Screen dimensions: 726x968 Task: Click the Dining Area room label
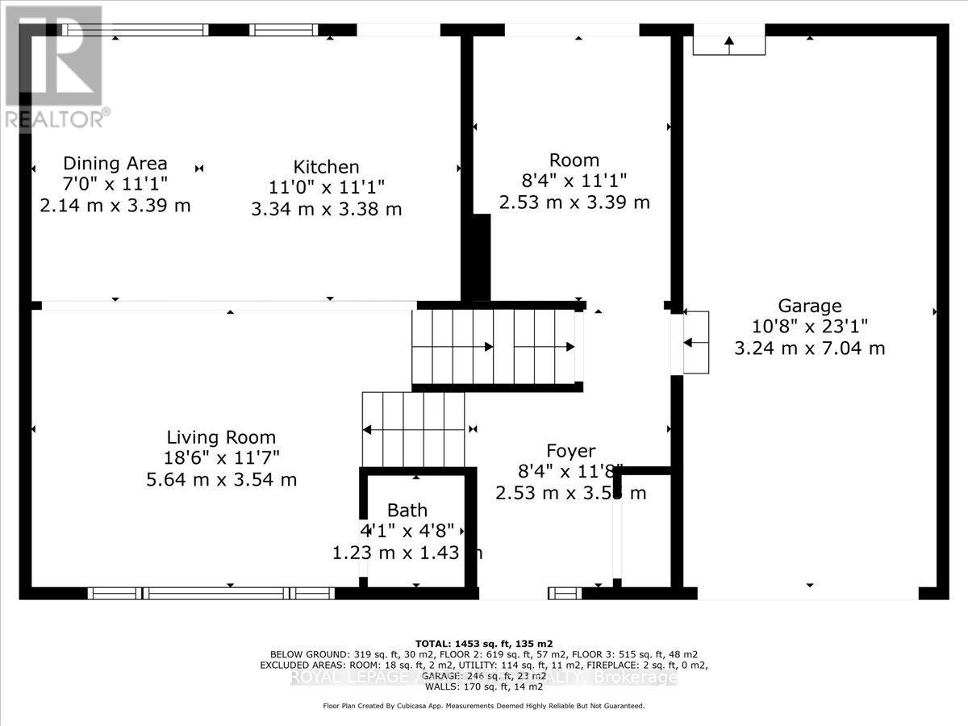[x=115, y=164]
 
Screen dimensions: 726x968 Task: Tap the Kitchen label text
[x=326, y=167]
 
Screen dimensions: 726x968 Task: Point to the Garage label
[x=809, y=306]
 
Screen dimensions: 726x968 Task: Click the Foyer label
[x=570, y=451]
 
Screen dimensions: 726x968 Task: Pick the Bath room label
[x=407, y=510]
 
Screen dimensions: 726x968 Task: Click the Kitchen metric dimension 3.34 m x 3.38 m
[x=326, y=209]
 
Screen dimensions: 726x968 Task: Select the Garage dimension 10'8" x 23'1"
[x=809, y=327]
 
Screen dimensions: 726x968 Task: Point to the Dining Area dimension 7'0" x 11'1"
[x=115, y=185]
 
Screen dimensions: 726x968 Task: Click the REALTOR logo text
[x=55, y=119]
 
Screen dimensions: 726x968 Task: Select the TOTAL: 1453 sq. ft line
[x=484, y=643]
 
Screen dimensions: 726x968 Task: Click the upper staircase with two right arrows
[x=495, y=347]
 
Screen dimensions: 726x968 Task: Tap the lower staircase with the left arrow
[x=413, y=429]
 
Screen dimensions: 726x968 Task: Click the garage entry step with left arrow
[x=696, y=342]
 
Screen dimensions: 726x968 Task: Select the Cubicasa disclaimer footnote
[x=484, y=706]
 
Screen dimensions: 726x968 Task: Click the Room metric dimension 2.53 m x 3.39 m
[x=574, y=202]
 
